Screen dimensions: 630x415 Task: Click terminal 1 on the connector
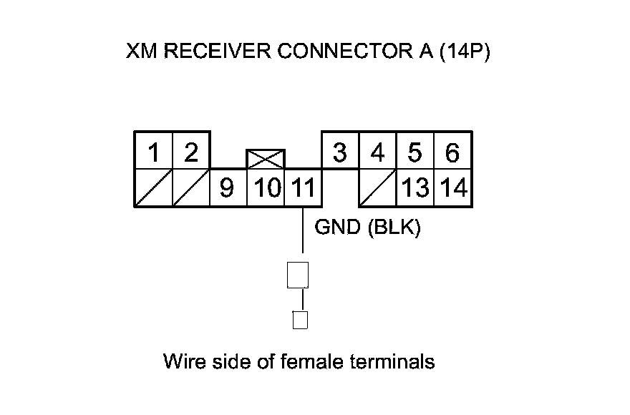[153, 151]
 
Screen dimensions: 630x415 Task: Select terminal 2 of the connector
[191, 151]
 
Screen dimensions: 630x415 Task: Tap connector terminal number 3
[340, 151]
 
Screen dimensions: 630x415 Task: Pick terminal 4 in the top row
[378, 151]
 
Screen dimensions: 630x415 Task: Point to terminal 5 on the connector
[415, 151]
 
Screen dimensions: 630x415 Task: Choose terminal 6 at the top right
[452, 151]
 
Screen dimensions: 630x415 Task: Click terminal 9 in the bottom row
[228, 187]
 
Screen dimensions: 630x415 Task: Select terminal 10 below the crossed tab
[266, 187]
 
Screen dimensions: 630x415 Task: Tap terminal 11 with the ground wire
[303, 187]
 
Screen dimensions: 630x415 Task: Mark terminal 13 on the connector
[415, 187]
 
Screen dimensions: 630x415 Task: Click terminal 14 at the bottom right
[452, 187]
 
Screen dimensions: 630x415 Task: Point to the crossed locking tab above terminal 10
[266, 159]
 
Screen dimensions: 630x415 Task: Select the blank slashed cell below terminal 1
[153, 187]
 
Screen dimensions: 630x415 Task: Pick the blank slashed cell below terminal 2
[191, 187]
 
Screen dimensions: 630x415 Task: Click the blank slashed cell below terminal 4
[378, 187]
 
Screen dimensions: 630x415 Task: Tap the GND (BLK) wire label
[367, 228]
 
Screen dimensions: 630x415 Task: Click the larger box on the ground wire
[298, 275]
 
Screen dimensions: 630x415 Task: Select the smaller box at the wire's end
[300, 320]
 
